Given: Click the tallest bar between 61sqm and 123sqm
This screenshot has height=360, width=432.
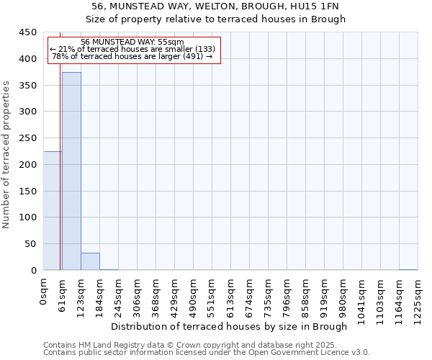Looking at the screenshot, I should tap(71, 171).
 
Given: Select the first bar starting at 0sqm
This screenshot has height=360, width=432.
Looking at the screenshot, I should tap(52, 211).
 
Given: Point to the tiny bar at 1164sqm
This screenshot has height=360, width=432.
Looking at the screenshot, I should tap(408, 269).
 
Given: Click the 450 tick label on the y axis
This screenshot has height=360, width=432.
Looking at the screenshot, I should tap(28, 32).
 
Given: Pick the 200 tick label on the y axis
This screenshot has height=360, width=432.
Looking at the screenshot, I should tap(28, 165).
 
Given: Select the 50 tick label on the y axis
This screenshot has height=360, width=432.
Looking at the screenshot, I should tap(31, 244).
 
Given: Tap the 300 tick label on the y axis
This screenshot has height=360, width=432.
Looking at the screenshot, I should tap(28, 112).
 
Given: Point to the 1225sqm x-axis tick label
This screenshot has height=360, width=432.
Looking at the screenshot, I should tap(418, 298).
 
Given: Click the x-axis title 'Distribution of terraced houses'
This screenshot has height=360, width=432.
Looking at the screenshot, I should tap(230, 327).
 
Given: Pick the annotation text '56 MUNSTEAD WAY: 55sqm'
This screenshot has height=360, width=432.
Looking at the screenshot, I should tap(132, 42).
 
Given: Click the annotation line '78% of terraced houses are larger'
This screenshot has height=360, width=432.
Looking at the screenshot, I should tap(132, 56).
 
